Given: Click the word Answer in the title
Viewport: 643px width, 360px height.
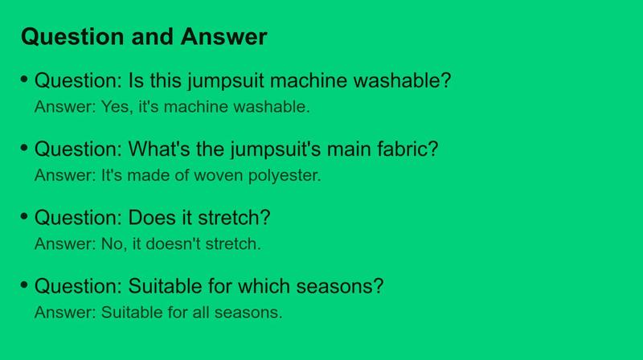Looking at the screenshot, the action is coord(224,36).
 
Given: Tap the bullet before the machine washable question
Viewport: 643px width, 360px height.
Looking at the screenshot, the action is coord(24,79).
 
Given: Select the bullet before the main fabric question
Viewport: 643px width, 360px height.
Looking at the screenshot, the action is coord(24,147).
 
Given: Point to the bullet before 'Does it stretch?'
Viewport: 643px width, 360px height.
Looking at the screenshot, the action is coord(24,215).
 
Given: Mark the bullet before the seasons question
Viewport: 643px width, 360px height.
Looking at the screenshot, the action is coord(24,284).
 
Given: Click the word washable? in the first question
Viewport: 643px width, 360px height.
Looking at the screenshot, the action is coord(403,80).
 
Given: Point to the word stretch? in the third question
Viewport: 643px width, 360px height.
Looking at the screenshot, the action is coord(234,217).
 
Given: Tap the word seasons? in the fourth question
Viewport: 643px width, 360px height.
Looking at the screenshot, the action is coord(340,286).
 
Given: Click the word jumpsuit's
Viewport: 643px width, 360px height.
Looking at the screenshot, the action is coord(276,149).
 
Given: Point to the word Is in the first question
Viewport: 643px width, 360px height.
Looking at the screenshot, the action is coord(136,80).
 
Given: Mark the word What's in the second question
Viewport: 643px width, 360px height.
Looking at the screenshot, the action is coord(159,149).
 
